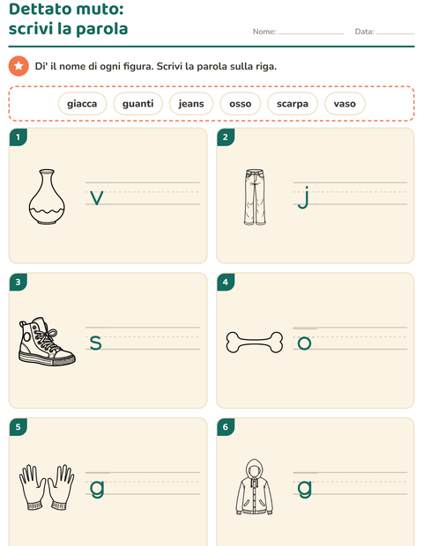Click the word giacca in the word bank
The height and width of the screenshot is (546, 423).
82,104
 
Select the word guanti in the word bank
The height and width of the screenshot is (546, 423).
138,104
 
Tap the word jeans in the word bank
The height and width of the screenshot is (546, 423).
191,104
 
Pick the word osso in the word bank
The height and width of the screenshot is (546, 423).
240,104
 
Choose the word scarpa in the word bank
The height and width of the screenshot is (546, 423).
293,104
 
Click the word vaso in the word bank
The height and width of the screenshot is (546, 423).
345,104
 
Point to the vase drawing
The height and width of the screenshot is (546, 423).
47,196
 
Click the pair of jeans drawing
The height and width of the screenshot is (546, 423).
255,197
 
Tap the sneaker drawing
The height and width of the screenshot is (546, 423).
47,342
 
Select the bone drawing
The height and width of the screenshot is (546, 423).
255,343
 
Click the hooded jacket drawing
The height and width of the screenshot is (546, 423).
255,487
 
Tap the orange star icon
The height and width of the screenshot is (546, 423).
19,66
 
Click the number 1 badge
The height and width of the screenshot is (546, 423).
19,136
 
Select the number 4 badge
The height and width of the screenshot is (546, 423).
226,282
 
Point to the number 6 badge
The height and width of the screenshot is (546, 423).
226,426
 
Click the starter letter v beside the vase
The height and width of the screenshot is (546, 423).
97,198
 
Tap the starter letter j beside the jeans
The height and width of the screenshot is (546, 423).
304,197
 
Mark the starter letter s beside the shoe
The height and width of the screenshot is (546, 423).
95,343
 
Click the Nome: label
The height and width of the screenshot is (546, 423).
264,32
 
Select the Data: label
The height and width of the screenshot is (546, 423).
364,32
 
